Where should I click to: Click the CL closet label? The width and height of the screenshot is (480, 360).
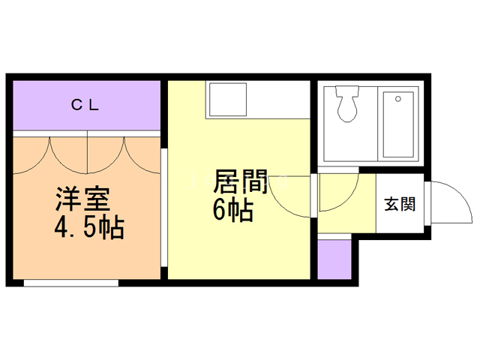[x=85, y=105]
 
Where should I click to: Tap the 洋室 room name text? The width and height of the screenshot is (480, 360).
[x=82, y=199]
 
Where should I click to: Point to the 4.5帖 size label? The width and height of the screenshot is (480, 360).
[x=89, y=227]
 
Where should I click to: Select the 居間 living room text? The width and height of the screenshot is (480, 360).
[x=240, y=181]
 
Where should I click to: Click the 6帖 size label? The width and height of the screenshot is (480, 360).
[x=233, y=210]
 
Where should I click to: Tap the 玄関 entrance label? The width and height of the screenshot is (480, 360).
[x=400, y=204]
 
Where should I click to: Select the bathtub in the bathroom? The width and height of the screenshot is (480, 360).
[x=398, y=124]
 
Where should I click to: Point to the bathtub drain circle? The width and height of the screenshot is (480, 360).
[x=398, y=99]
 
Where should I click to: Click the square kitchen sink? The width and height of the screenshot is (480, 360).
[x=228, y=100]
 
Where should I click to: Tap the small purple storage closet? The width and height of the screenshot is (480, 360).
[x=334, y=259]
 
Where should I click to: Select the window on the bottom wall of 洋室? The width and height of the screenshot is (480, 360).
[x=71, y=283]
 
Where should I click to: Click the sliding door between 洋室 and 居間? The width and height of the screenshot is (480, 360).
[x=164, y=208]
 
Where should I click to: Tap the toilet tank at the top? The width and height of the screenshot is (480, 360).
[x=347, y=91]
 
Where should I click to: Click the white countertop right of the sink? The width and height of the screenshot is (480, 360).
[x=278, y=100]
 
